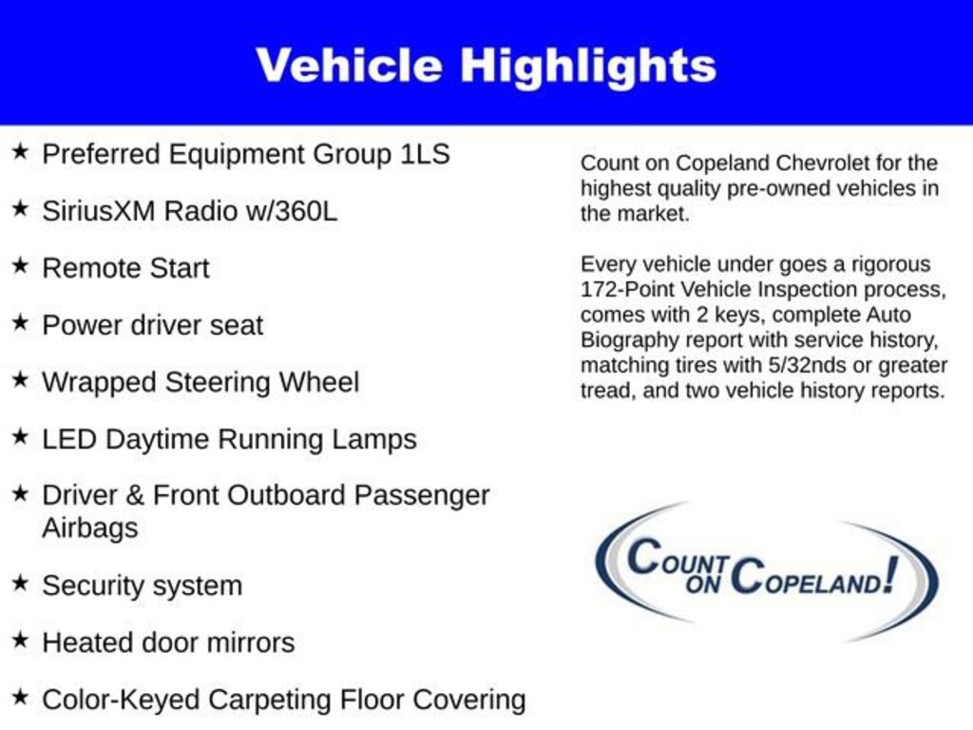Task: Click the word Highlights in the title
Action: pyautogui.click(x=588, y=67)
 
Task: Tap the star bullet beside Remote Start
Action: pyautogui.click(x=20, y=266)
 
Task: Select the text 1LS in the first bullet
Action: pyautogui.click(x=425, y=154)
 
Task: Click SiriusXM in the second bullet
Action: pyautogui.click(x=99, y=211)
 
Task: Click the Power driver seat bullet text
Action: pyautogui.click(x=152, y=325)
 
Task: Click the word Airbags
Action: pyautogui.click(x=89, y=528)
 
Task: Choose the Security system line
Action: pyautogui.click(x=142, y=586)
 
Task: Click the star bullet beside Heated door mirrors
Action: pyautogui.click(x=20, y=641)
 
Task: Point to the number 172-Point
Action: pyautogui.click(x=626, y=289)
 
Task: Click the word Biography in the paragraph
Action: pyautogui.click(x=622, y=340)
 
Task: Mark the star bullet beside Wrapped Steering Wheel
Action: pyautogui.click(x=20, y=380)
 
